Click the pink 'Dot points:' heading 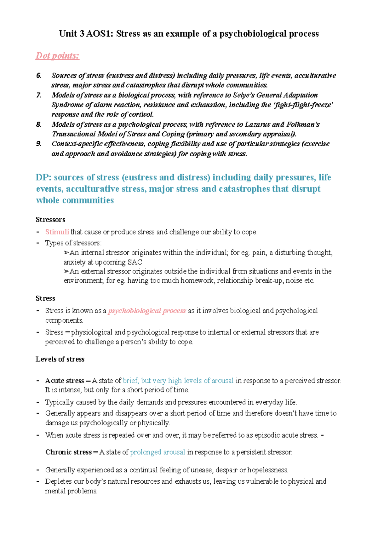pyautogui.click(x=57, y=56)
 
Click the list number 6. pyautogui.click(x=38, y=76)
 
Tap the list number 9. pyautogui.click(x=38, y=144)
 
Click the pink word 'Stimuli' pyautogui.click(x=57, y=232)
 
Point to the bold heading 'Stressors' pyautogui.click(x=50, y=220)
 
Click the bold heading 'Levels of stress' pyautogui.click(x=60, y=359)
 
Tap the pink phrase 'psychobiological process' pyautogui.click(x=147, y=311)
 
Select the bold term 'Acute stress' pyautogui.click(x=65, y=381)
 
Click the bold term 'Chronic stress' pyautogui.click(x=69, y=452)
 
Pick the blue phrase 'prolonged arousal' pyautogui.click(x=157, y=452)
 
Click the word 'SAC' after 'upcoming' pyautogui.click(x=135, y=262)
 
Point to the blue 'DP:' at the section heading pyautogui.click(x=43, y=177)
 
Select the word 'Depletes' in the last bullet pyautogui.click(x=58, y=481)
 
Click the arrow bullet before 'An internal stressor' pyautogui.click(x=66, y=253)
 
